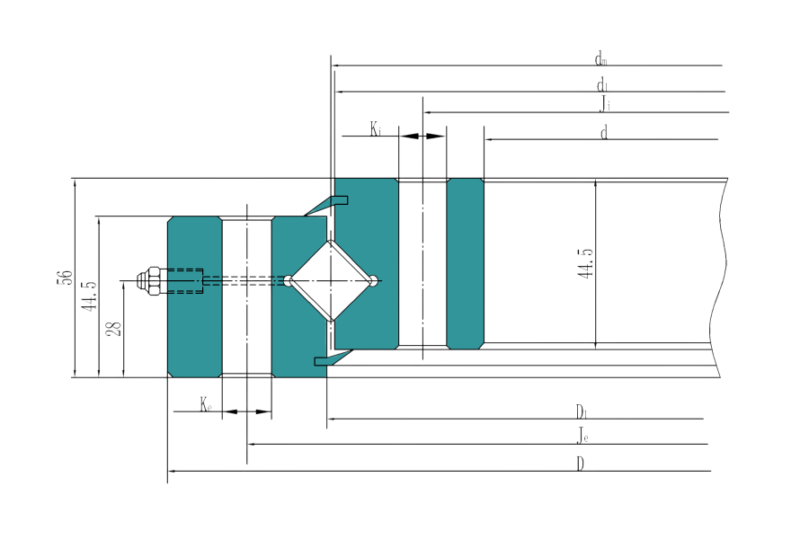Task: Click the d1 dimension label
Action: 600,84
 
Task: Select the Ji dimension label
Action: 607,105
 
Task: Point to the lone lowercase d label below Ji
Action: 603,133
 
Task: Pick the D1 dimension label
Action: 582,412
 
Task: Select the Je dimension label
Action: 583,438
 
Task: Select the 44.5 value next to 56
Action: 88,296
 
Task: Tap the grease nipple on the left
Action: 149,280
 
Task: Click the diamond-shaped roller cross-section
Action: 332,279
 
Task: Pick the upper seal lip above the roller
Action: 324,206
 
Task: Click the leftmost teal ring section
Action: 193,296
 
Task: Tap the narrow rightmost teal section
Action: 465,262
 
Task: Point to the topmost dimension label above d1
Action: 600,60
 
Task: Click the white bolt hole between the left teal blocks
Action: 246,296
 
